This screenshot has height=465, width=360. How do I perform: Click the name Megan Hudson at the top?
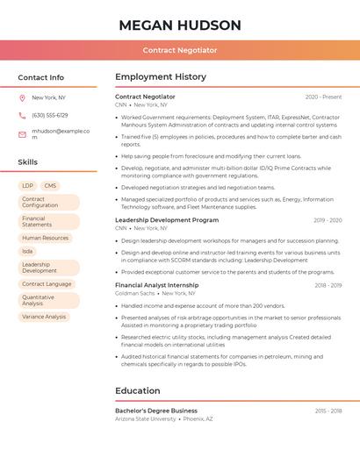coord(180,25)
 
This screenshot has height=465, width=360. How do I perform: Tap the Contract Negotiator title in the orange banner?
coord(180,50)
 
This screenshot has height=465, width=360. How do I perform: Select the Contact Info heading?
coord(41,77)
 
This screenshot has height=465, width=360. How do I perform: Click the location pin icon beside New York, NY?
coord(22,97)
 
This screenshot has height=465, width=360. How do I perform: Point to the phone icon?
coord(22,115)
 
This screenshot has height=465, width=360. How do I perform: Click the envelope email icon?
coord(22,134)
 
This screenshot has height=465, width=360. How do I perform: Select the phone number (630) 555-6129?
coord(50,115)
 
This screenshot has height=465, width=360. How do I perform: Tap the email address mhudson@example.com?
coord(61,134)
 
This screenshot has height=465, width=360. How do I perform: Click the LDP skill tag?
coord(28,186)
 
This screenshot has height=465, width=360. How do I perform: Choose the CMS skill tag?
coord(50,186)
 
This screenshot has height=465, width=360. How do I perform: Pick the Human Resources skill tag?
coord(45,238)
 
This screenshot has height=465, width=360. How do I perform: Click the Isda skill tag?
coord(27,251)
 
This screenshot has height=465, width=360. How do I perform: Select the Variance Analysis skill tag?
coord(44,317)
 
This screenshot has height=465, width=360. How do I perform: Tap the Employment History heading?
coord(161,77)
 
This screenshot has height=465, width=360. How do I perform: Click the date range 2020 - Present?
coord(323,97)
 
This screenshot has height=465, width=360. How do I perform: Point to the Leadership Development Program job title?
coord(167,220)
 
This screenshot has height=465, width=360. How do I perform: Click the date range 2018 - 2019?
coord(328,285)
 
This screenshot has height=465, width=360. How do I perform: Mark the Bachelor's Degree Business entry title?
coord(156,411)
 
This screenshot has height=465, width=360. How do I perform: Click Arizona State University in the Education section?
coord(146,419)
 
